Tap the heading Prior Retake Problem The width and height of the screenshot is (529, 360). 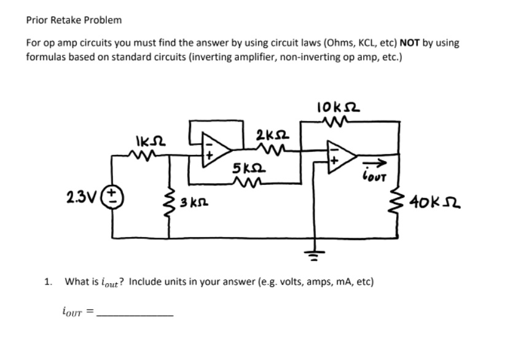(x=74, y=20)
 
